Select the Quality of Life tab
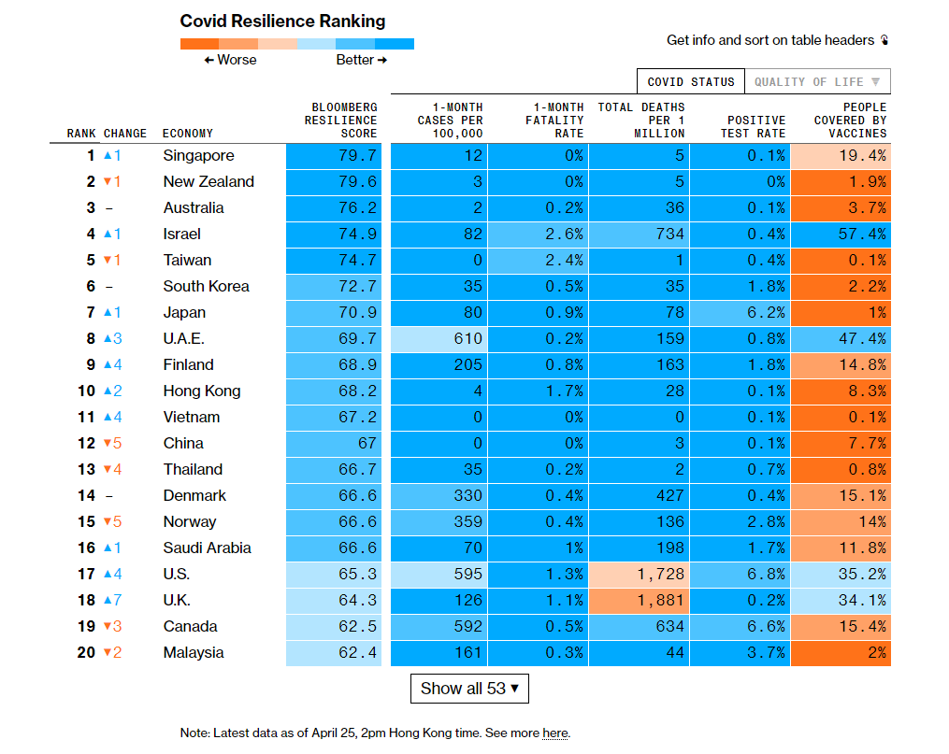817,81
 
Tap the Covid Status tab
691,81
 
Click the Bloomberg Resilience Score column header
340,120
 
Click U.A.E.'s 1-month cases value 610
467,338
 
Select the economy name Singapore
198,155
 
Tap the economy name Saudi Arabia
207,548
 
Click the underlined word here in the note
554,733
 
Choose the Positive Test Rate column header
755,126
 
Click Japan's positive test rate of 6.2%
766,312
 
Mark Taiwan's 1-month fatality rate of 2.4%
564,260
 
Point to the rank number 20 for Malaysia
86,652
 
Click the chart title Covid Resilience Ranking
282,21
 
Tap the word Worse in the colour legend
236,60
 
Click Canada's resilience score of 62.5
357,626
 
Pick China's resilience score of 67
366,443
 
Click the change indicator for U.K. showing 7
112,600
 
